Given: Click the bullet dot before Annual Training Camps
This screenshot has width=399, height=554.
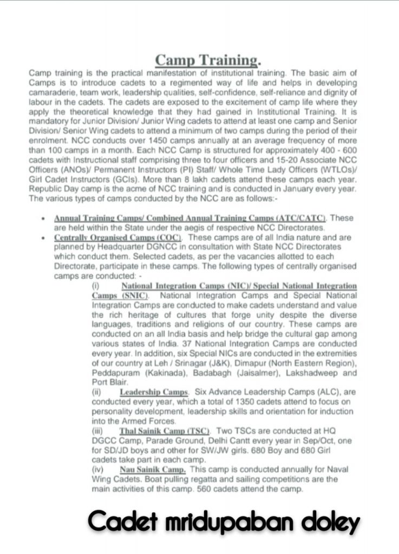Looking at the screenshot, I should [x=43, y=218].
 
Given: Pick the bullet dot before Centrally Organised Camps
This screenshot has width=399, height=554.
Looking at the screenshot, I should [x=43, y=238].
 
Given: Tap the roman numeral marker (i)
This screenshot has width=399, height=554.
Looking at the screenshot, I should [x=96, y=286].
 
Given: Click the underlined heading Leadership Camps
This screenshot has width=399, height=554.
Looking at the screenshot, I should [x=154, y=391].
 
